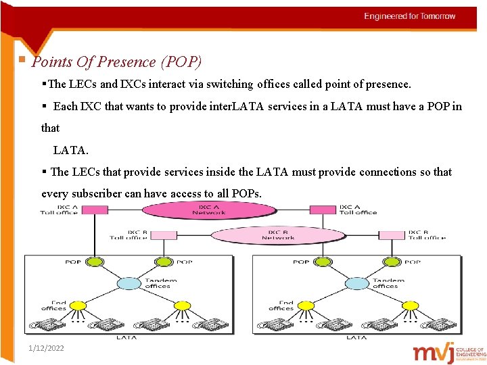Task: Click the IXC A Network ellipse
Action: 209,210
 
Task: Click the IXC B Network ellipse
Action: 278,235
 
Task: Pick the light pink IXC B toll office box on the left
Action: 162,235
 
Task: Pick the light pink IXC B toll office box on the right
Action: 392,235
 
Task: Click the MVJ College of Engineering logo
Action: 449,352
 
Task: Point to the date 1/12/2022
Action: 47,348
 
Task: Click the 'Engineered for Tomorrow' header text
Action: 410,16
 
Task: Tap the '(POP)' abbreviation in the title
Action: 181,62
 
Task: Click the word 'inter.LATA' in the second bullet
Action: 238,106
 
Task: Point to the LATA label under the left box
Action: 126,337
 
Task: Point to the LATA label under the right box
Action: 356,337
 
